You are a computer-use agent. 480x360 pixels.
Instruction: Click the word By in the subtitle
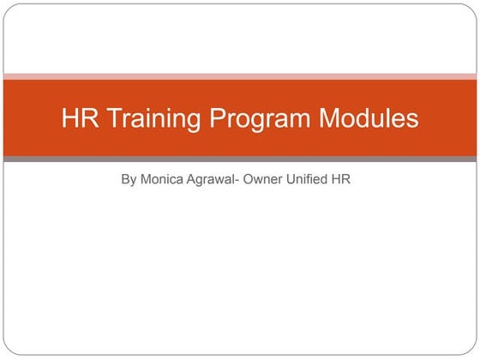pos(129,181)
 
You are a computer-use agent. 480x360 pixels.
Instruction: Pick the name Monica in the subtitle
pos(163,181)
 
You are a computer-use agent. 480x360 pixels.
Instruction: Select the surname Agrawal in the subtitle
pos(214,181)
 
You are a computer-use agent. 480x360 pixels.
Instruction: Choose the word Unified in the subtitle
pos(315,181)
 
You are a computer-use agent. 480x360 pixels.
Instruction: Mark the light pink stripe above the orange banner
pos(240,76)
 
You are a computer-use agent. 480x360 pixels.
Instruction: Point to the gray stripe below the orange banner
pos(240,159)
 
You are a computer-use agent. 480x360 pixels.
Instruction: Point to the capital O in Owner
pos(252,181)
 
